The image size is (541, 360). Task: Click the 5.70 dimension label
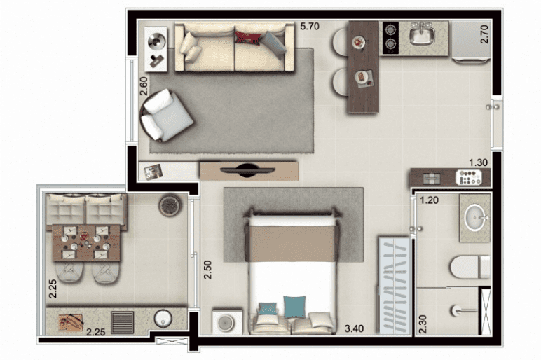310,26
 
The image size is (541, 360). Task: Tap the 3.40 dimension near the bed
354,328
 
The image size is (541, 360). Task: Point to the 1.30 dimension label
478,162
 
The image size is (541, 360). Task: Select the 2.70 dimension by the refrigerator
484,34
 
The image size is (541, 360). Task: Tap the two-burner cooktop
391,38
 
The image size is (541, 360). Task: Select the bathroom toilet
470,267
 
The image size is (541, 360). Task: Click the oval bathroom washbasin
475,217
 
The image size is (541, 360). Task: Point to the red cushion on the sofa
247,38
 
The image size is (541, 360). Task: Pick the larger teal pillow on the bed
294,307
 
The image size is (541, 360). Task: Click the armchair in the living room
166,116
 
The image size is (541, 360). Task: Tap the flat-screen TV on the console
247,170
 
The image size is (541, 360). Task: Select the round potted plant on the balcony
170,205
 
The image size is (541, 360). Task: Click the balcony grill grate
123,322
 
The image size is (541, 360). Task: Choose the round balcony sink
163,318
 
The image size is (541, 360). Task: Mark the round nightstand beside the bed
227,322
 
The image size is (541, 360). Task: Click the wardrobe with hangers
395,286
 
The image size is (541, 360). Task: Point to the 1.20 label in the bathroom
429,200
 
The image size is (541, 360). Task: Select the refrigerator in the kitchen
471,41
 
